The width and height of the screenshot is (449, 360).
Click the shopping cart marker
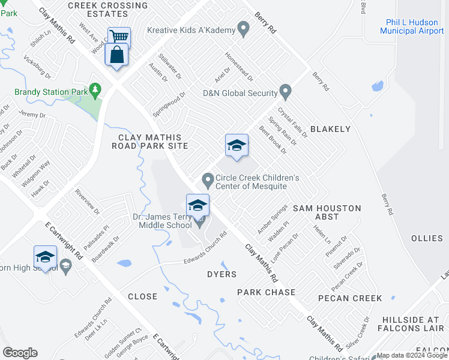point(119,37)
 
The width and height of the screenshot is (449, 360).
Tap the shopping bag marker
point(115,55)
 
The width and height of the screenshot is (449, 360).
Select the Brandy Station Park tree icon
point(95,91)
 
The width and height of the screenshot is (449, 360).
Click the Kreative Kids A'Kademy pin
point(243,29)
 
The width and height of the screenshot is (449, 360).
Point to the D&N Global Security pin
point(286,93)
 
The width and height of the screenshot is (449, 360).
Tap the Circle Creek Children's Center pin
point(208,179)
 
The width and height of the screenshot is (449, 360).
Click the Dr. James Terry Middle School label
point(162,221)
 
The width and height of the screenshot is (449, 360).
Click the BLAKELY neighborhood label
point(330,129)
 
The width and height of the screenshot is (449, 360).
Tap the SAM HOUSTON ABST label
point(327,212)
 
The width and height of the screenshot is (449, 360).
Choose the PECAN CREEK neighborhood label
point(350,298)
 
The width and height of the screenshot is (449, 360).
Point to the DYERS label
point(221,274)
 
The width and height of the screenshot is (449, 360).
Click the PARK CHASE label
point(266,292)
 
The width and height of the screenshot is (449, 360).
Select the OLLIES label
point(427,238)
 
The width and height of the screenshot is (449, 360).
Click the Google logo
point(20,353)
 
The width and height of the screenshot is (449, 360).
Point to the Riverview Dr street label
point(87,202)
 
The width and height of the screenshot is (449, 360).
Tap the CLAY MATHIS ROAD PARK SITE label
point(150,142)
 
